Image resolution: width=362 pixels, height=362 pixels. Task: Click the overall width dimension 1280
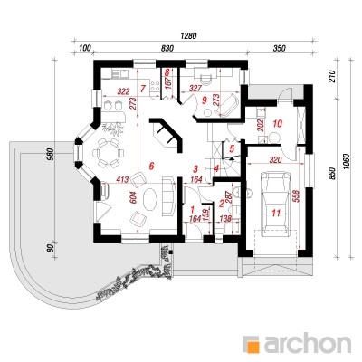point(188,35)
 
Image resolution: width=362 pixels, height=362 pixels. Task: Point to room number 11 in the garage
point(276,213)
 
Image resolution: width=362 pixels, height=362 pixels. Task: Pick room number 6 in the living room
point(152,166)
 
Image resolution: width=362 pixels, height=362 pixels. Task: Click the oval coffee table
point(150,200)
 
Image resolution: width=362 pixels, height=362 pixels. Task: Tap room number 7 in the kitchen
point(143,89)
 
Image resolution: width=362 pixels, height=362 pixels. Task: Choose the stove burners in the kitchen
point(155,86)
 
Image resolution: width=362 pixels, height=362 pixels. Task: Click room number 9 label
point(205,99)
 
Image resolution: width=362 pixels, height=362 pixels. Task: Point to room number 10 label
point(278,123)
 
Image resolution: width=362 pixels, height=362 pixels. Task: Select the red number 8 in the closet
point(167,72)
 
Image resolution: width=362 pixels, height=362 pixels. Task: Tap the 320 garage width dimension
point(275,159)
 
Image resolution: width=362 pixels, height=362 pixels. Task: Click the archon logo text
point(307,343)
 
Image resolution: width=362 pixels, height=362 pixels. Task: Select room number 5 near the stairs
point(232,148)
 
